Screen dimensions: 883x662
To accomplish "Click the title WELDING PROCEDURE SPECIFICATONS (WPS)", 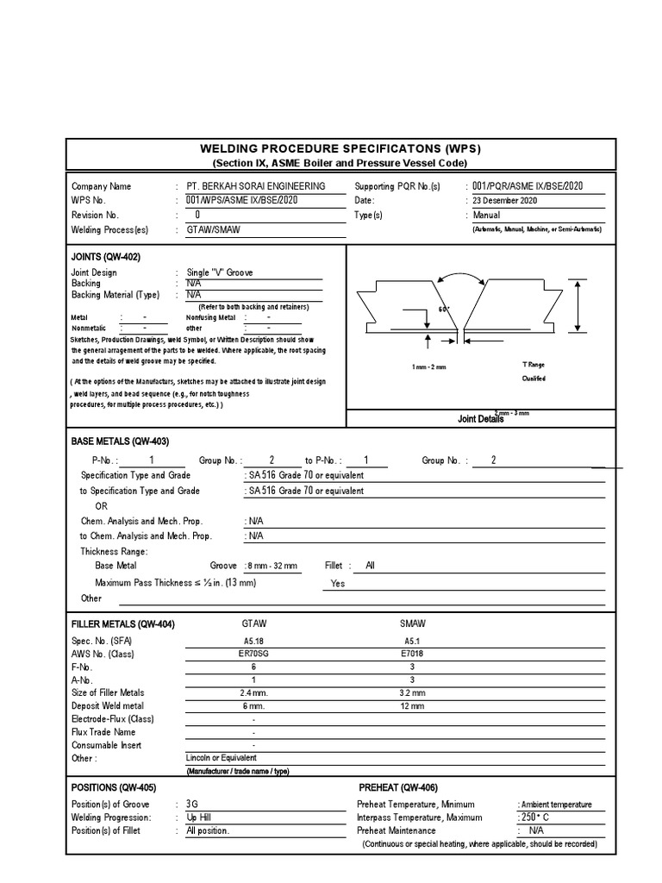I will pos(340,148).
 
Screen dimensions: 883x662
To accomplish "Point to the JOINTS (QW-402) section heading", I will pos(105,257).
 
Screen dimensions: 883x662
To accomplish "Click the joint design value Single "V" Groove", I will pos(220,272).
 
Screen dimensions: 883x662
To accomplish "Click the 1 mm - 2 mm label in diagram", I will pos(428,367).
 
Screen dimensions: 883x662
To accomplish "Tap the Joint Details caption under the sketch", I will pos(480,419).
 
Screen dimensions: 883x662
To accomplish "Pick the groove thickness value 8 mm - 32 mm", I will pos(272,566).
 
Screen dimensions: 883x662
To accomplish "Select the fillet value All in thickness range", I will pos(371,566).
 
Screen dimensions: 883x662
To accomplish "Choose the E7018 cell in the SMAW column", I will pos(413,654).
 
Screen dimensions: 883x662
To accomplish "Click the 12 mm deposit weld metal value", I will pos(413,706).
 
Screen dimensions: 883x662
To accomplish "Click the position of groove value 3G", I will pos(192,804).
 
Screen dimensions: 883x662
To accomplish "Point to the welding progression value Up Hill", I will pos(199,817).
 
